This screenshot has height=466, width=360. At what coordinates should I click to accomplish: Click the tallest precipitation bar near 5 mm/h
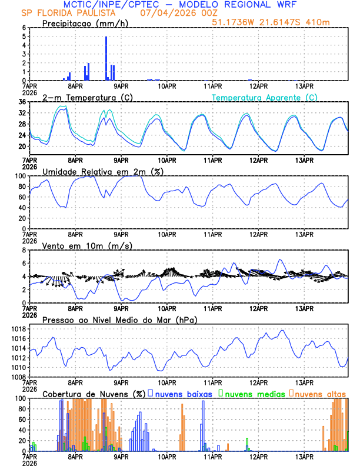106,59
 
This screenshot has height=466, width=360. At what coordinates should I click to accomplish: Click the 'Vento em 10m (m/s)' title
79,245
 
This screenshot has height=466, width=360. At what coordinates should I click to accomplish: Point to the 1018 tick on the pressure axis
19,329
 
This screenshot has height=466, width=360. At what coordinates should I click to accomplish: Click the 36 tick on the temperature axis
22,102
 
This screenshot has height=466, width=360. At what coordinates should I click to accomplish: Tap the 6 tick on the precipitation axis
24,28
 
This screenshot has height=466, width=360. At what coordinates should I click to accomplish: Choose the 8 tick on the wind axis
24,250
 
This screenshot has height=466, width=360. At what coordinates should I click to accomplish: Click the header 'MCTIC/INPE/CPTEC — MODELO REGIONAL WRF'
179,4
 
